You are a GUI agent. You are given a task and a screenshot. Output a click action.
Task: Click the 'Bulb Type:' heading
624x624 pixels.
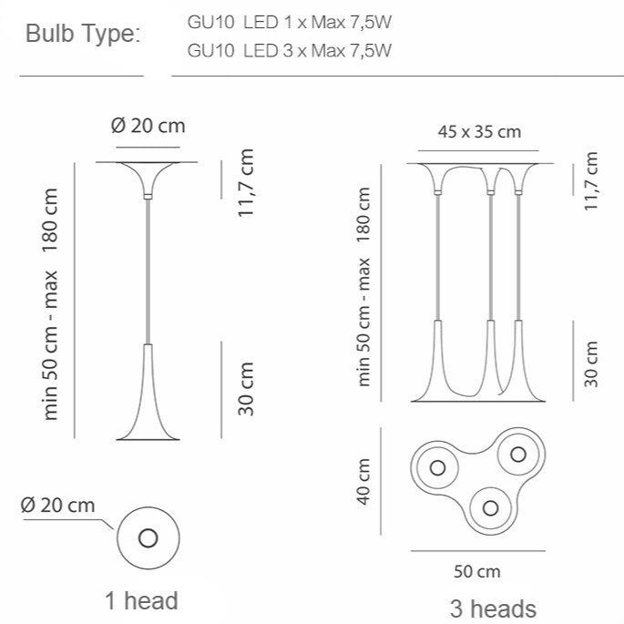(x=83, y=35)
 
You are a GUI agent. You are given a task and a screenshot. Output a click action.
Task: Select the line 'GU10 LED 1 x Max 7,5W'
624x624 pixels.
(x=290, y=22)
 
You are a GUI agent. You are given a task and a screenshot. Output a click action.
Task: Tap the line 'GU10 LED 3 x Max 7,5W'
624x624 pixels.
(x=290, y=50)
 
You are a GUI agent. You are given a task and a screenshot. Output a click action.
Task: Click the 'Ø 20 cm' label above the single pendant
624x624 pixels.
(x=148, y=126)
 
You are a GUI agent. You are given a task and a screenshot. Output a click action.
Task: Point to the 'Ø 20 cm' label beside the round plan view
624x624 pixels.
(x=57, y=506)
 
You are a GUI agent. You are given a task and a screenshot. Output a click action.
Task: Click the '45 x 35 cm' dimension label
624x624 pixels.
(x=479, y=132)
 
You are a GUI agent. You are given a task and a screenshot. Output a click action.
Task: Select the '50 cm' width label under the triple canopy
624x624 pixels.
(x=477, y=571)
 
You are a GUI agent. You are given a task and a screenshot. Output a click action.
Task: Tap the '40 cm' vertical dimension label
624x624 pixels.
(x=363, y=482)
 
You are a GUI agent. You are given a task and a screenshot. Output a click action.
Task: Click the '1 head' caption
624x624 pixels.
(x=141, y=600)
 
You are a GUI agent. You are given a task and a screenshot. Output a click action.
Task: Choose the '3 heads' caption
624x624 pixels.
(x=493, y=609)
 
